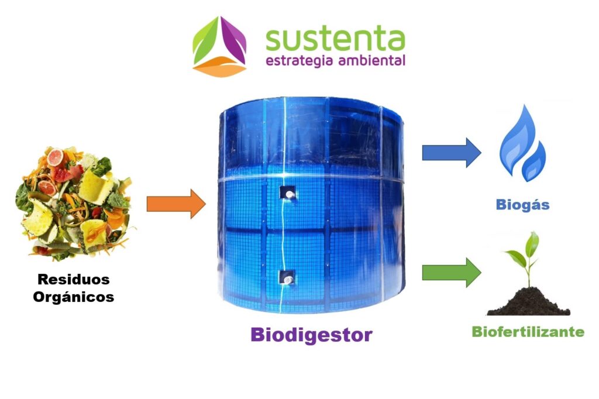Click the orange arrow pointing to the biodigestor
coord(175,204)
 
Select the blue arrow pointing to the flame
coord(451,153)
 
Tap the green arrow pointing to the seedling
coord(451,272)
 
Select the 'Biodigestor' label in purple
coord(311,335)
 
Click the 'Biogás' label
coord(523,205)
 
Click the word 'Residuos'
coord(73,280)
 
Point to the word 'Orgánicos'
coord(73,297)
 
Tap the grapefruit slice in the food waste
coord(56,157)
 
